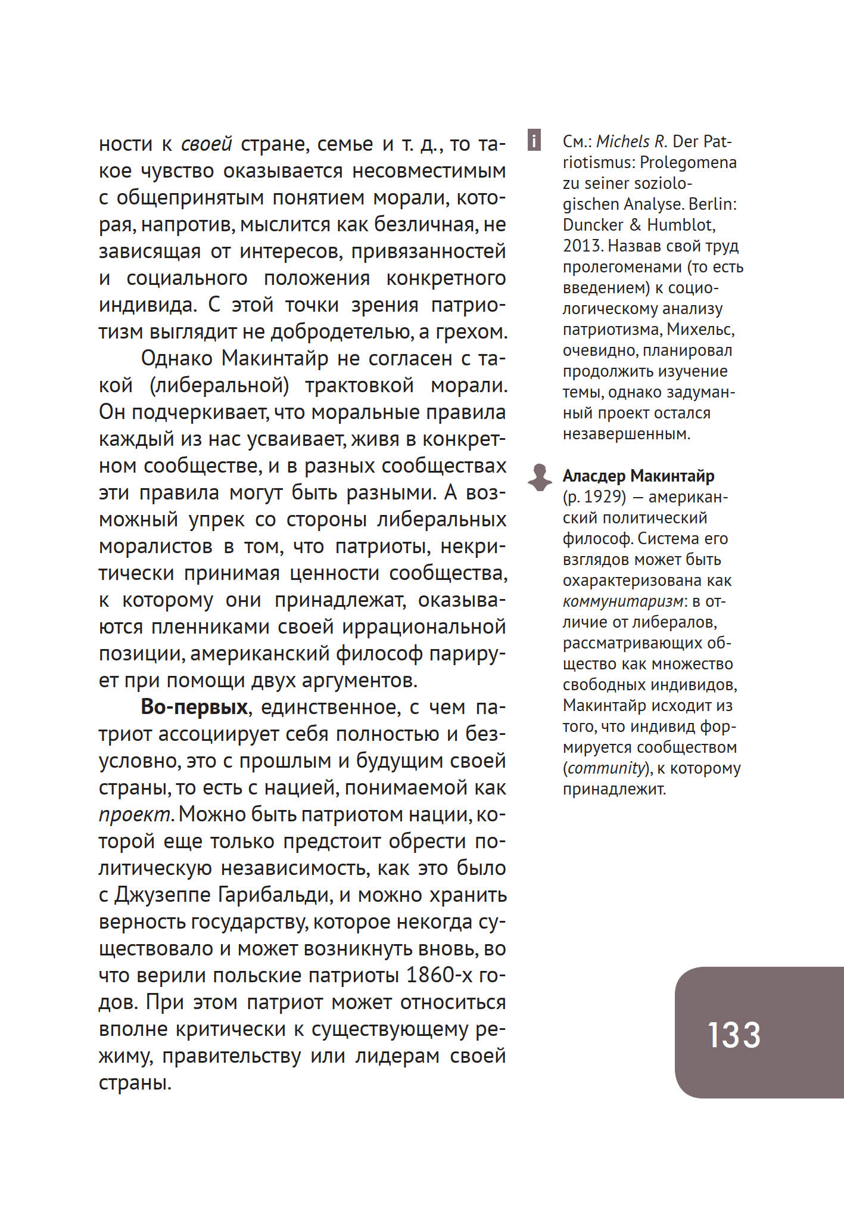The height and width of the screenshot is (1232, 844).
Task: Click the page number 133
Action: click(734, 1035)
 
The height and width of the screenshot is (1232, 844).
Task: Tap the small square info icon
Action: click(534, 141)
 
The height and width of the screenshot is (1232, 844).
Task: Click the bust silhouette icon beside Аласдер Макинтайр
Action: click(540, 477)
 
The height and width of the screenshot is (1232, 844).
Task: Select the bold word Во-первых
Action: click(194, 707)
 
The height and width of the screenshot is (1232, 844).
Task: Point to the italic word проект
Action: click(136, 815)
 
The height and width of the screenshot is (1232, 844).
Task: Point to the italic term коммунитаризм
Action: click(621, 601)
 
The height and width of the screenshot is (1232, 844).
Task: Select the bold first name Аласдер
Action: click(594, 476)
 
